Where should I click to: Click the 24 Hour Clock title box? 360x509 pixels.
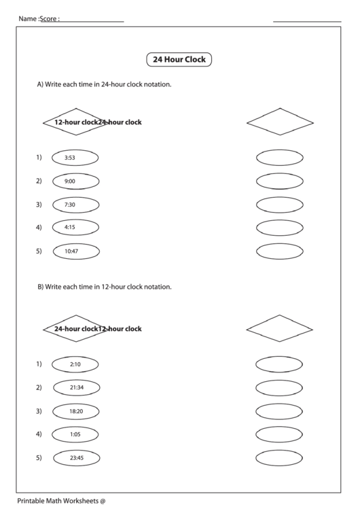[179, 60]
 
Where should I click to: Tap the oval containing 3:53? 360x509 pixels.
[75, 158]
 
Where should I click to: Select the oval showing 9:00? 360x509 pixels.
[75, 181]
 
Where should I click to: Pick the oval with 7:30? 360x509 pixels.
[75, 205]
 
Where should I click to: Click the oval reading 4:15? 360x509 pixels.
[75, 227]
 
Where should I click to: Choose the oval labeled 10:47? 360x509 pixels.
[75, 251]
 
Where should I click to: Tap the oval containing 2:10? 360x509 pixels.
[75, 364]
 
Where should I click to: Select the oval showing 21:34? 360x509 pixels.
[76, 387]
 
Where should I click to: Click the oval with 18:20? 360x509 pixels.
[75, 411]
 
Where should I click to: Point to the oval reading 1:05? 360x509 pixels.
[75, 434]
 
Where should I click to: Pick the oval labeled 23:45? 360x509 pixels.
[76, 458]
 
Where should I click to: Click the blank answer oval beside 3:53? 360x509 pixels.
[279, 158]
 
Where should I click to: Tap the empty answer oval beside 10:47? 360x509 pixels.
[279, 251]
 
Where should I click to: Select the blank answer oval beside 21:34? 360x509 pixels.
[279, 387]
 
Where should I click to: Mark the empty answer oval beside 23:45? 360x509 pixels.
[279, 458]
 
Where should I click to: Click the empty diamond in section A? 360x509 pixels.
[280, 122]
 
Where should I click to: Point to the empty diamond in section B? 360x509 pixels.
[280, 328]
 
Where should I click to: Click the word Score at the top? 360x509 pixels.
[49, 19]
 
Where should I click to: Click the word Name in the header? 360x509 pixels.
[27, 19]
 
